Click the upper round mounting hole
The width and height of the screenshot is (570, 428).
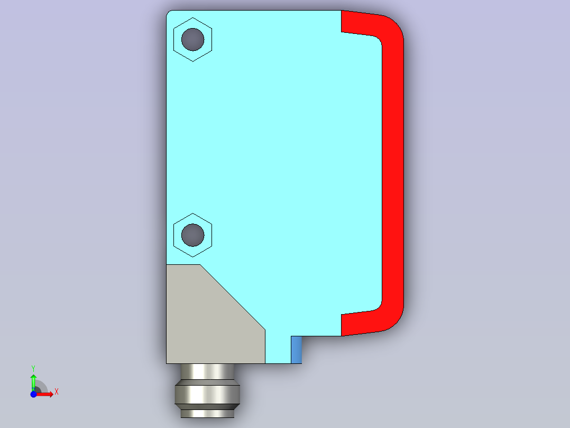[192, 39]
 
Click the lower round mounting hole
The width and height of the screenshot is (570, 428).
[192, 235]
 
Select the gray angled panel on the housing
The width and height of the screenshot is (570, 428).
[207, 320]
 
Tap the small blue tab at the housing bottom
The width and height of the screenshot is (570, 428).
[296, 350]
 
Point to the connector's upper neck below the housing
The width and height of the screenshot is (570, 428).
[207, 371]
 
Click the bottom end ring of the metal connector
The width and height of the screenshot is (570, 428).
[207, 414]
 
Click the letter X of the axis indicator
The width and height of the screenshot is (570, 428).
[57, 392]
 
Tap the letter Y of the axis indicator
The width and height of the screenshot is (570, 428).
[33, 369]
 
